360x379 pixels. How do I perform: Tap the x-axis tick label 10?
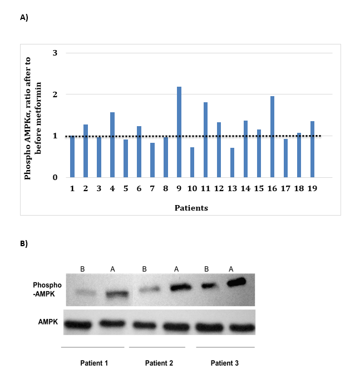192,189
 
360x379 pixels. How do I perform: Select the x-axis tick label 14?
245,189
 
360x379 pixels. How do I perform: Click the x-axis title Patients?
193,208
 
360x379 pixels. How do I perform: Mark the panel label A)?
24,17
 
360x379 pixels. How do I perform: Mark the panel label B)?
24,243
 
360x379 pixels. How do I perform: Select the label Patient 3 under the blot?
225,363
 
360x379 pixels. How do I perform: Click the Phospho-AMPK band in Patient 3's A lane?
236,282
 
